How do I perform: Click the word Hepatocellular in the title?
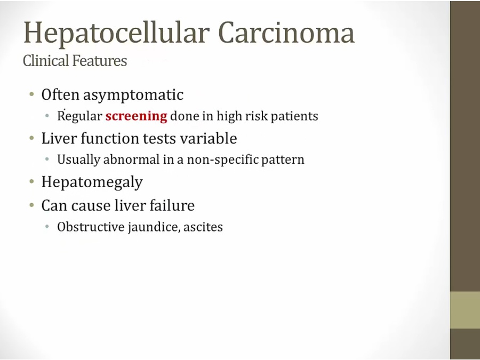click(x=117, y=34)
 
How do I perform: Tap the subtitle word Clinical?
click(x=46, y=60)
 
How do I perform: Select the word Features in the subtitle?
click(x=100, y=60)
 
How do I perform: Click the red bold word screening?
click(x=136, y=116)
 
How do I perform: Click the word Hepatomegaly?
click(x=92, y=182)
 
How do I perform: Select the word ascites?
click(x=203, y=227)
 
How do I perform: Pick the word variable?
click(x=208, y=138)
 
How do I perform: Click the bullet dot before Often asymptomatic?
click(x=31, y=94)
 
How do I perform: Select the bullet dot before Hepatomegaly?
click(x=31, y=181)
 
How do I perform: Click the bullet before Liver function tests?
click(x=31, y=138)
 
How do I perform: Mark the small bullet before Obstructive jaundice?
click(x=47, y=227)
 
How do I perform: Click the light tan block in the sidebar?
click(x=465, y=310)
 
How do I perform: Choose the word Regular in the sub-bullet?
click(x=79, y=116)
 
